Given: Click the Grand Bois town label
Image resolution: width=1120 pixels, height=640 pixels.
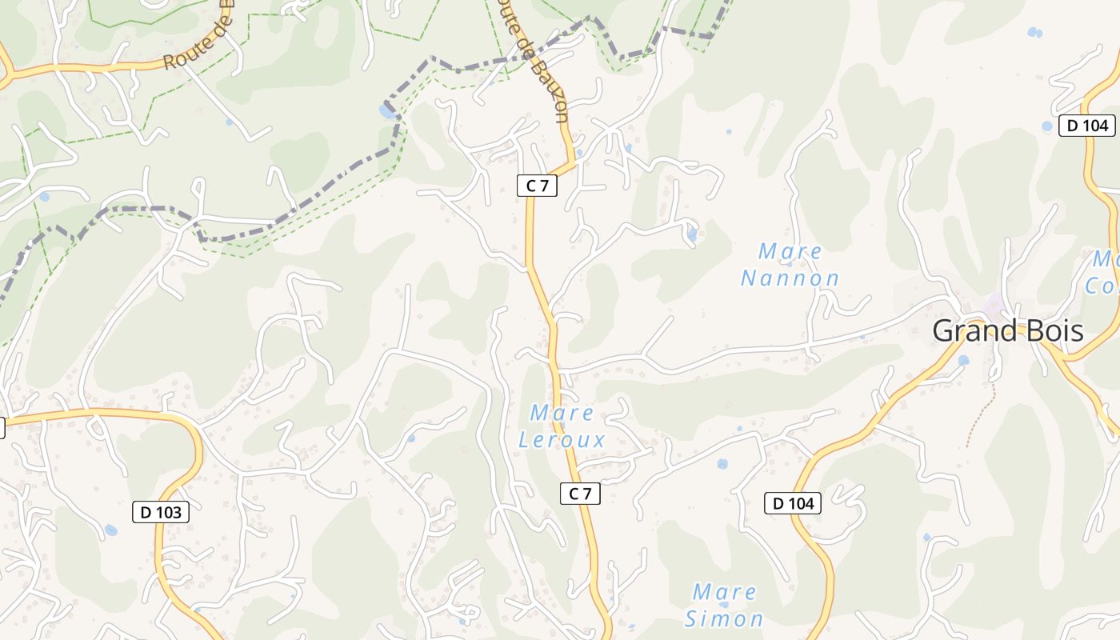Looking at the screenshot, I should click(1008, 331).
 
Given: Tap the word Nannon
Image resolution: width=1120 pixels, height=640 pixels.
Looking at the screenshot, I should click(790, 278).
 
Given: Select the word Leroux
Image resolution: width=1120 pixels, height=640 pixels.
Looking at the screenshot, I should click(562, 440).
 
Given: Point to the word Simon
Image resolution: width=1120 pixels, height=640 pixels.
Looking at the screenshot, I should click(724, 618).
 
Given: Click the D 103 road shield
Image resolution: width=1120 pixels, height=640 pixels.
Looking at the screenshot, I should click(161, 512).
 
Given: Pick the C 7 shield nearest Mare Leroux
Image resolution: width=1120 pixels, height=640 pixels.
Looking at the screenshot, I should click(580, 494).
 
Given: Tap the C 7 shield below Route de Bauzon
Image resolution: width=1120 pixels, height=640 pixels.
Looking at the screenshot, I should click(537, 186).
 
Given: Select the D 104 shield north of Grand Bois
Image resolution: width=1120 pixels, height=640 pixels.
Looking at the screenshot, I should click(1087, 125).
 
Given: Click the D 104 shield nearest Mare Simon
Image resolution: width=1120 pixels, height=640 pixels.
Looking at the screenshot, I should click(793, 503).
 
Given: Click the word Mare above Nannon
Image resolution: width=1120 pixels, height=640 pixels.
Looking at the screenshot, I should click(790, 252).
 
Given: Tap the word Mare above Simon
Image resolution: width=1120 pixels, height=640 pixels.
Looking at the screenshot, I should click(725, 593).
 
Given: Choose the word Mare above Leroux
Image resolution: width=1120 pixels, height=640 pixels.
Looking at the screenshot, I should click(562, 414).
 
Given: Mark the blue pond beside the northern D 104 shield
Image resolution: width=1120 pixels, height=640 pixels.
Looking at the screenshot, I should click(1047, 126).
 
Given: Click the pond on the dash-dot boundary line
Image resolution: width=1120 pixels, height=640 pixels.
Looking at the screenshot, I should click(388, 111).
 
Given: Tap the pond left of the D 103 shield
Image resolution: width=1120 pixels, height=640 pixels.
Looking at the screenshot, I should click(110, 530).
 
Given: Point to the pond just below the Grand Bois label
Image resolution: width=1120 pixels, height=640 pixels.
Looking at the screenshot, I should click(963, 360).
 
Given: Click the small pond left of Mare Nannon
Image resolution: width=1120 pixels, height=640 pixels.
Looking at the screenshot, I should click(692, 235).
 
